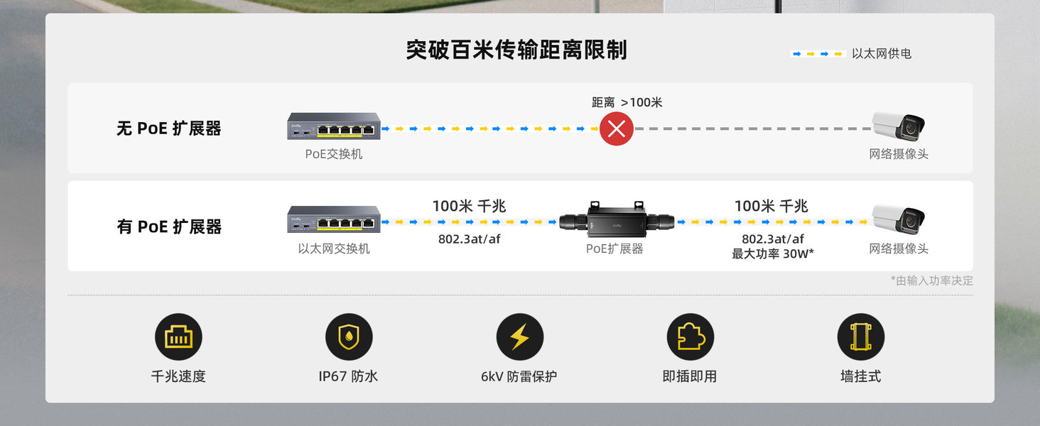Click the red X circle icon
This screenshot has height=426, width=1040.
(x=617, y=129)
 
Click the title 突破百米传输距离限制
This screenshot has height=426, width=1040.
(x=516, y=50)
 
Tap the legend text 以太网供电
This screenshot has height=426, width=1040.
(x=881, y=54)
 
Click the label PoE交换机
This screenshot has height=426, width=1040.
(x=333, y=154)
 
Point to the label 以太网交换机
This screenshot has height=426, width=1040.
(x=334, y=248)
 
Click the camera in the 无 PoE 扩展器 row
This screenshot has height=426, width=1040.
(x=898, y=126)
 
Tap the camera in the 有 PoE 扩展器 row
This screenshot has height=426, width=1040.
(x=898, y=219)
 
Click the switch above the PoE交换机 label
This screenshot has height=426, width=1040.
(x=334, y=126)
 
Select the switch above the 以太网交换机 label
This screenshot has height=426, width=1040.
(x=334, y=219)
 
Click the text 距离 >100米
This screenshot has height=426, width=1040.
(x=627, y=102)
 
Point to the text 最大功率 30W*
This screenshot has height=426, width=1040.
(x=773, y=254)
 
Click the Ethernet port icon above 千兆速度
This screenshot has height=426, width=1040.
(x=178, y=337)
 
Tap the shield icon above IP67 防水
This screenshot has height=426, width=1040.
(x=349, y=337)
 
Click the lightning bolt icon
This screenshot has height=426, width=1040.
(x=519, y=337)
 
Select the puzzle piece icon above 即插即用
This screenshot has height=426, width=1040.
(x=690, y=337)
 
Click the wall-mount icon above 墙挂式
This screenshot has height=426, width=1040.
(x=861, y=337)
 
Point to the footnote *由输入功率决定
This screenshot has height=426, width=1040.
(x=932, y=280)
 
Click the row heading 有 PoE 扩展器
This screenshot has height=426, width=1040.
(x=169, y=226)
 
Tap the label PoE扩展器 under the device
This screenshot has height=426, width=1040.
(x=614, y=248)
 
